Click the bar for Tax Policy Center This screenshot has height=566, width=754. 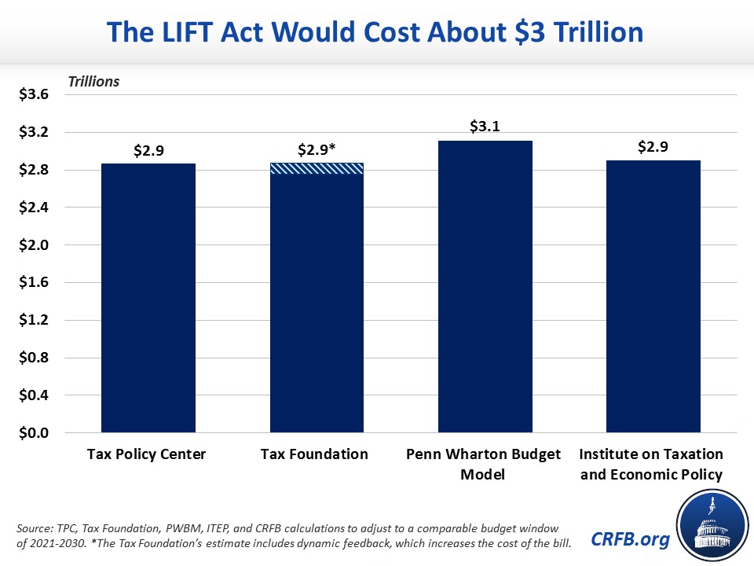pos(148,298)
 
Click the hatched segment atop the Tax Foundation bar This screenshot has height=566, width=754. pos(317,168)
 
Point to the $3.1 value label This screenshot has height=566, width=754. pos(485,126)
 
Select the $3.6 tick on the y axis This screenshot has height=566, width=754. pos(33,95)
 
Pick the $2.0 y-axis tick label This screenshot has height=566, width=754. pos(33,245)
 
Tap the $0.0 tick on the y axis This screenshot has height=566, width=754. pos(33,433)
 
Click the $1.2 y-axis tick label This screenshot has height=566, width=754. pos(33,321)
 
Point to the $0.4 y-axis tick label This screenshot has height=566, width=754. pos(33,395)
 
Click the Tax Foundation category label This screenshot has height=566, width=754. pos(317,454)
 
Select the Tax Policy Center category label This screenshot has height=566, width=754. pos(148,454)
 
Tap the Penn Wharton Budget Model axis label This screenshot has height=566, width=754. pos(485,463)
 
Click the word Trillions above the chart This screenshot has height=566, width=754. pos(93,81)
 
